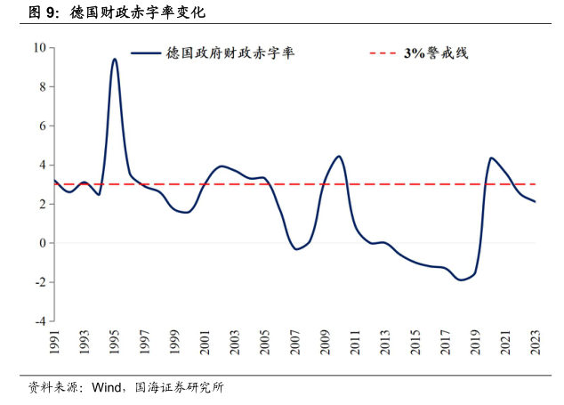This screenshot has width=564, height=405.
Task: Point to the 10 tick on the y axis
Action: pos(39,47)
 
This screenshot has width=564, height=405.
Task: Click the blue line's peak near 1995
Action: pos(115,59)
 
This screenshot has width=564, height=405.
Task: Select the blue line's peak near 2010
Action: pos(339,157)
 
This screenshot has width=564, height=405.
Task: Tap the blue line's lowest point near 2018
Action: pos(461,279)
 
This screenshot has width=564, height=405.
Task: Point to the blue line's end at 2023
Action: pos(536,202)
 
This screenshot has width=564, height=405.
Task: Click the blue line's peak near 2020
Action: pos(491,158)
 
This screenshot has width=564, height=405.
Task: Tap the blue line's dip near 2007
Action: pos(296,249)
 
